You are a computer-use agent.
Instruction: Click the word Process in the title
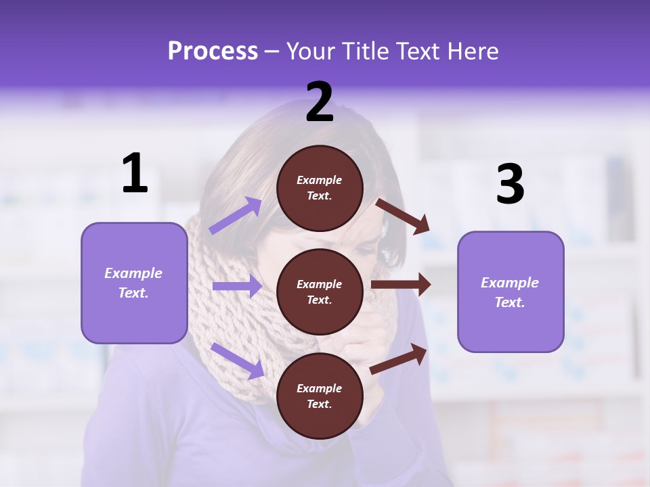(x=213, y=51)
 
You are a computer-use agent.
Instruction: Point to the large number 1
(x=135, y=174)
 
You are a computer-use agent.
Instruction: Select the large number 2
(x=320, y=103)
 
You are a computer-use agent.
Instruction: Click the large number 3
(x=510, y=185)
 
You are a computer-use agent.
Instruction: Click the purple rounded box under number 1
(x=134, y=283)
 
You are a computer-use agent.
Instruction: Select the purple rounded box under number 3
(x=511, y=292)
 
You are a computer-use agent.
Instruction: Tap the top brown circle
(x=320, y=188)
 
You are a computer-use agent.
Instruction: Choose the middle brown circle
(x=320, y=292)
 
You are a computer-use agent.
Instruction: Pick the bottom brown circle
(x=320, y=396)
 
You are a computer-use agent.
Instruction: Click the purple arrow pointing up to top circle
(x=235, y=215)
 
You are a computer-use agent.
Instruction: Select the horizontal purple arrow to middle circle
(x=237, y=287)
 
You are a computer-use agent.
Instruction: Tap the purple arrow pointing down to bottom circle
(x=237, y=360)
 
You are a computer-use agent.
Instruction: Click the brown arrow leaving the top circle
(x=403, y=216)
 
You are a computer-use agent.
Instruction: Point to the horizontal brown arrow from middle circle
(x=401, y=285)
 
